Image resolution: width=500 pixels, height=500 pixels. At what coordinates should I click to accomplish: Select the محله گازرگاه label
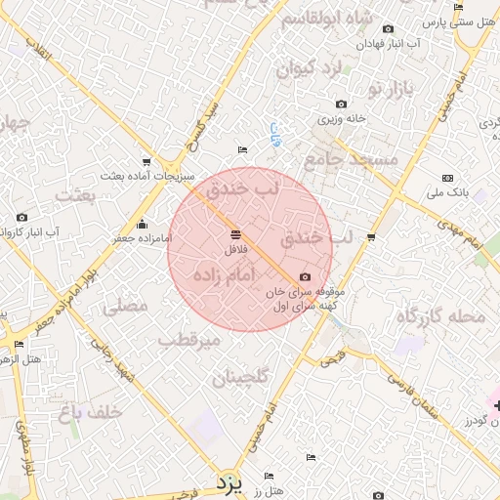pos(440,315)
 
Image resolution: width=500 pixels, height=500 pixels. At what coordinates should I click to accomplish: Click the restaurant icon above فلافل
pos(235,234)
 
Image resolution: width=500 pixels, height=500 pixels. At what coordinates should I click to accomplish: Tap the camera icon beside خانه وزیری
pos(341,104)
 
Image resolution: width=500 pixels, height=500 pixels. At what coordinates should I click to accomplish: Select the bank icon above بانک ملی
pos(447,178)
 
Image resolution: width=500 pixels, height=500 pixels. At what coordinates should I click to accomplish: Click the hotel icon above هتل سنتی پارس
pos(459,8)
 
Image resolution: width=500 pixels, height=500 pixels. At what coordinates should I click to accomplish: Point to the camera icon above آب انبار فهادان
pos(389,29)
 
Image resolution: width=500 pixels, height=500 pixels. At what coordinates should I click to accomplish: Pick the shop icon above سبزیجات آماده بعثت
pos(146,162)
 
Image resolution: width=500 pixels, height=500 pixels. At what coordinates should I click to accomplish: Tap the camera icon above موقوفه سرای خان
pos(305,277)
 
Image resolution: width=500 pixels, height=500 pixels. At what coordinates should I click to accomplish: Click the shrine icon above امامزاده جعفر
pos(143,224)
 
